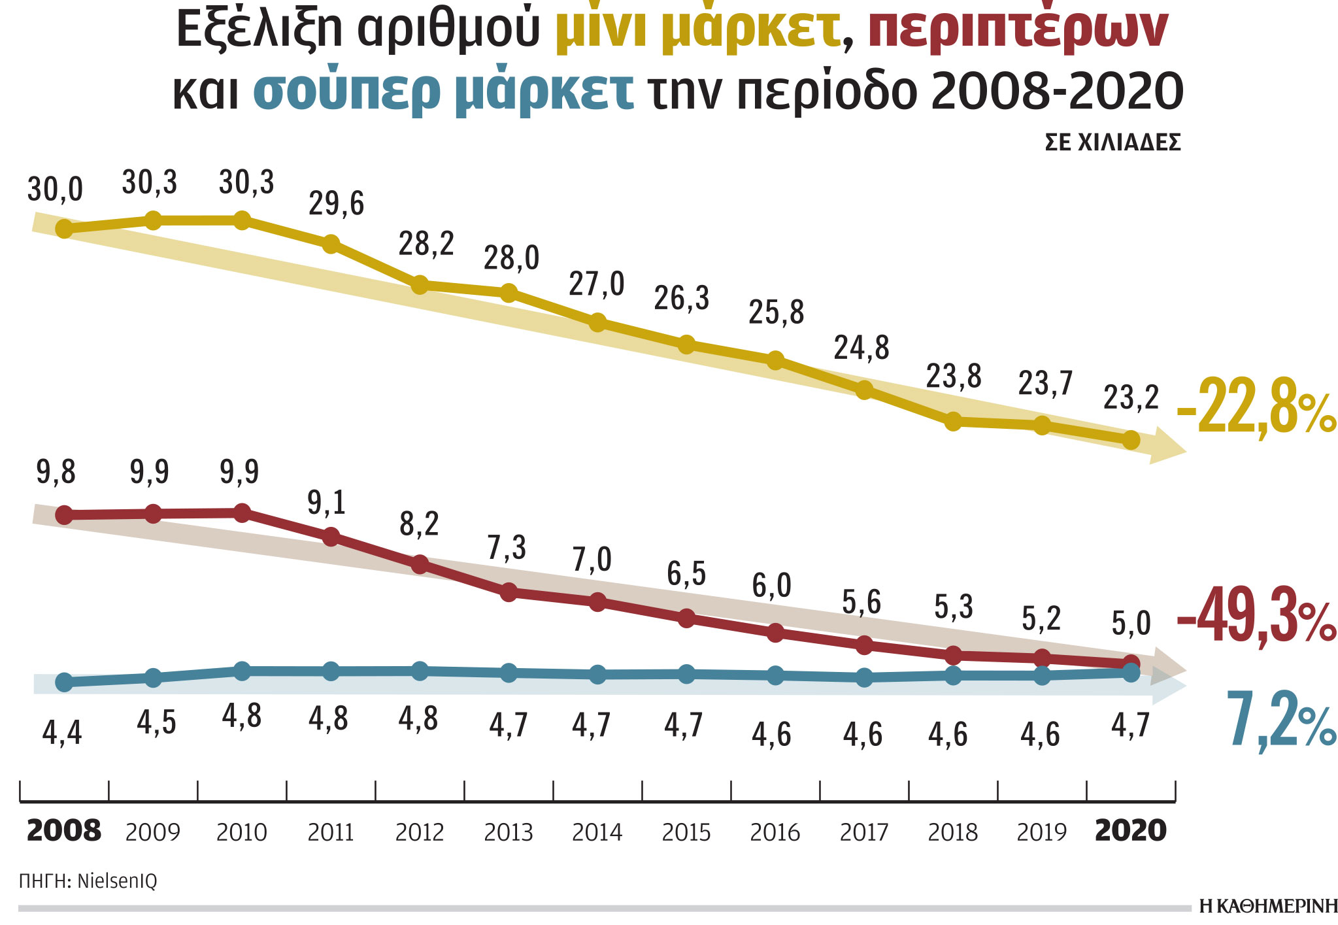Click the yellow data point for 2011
(x=331, y=244)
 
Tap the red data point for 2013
(x=509, y=592)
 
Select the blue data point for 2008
(x=64, y=682)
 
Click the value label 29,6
(x=336, y=203)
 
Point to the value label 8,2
(x=419, y=524)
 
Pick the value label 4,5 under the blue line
(x=156, y=722)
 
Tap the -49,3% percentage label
(x=1256, y=616)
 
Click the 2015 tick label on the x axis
(x=686, y=832)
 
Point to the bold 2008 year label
(x=64, y=831)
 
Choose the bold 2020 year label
(x=1130, y=831)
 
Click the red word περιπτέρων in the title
(x=1017, y=29)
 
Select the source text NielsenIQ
(x=117, y=881)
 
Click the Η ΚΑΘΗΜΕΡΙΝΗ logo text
(x=1268, y=906)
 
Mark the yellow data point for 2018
(x=953, y=421)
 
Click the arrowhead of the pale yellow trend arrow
(x=1166, y=447)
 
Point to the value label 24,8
(x=861, y=348)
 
